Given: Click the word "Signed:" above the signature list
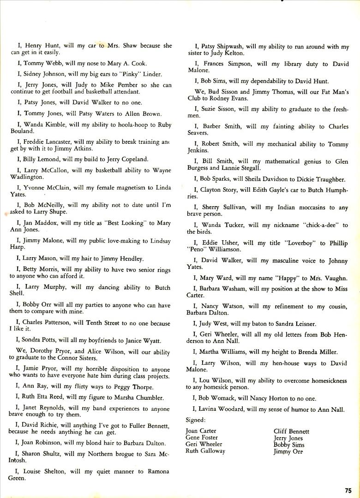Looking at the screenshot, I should pyautogui.click(x=196, y=420).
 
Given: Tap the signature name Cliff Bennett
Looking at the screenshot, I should pyautogui.click(x=291, y=432).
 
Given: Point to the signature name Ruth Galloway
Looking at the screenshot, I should pyautogui.click(x=205, y=451).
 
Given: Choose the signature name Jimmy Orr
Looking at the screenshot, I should pyautogui.click(x=288, y=451).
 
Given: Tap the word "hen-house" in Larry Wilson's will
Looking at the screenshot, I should pyautogui.click(x=288, y=363).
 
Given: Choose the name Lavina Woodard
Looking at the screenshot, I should pyautogui.click(x=225, y=409).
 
